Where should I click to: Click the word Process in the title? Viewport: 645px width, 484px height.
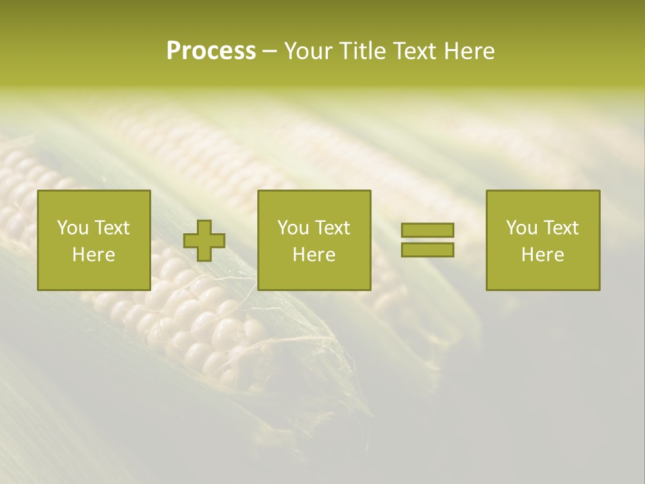tap(211, 51)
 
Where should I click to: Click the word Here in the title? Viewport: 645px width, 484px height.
tap(470, 51)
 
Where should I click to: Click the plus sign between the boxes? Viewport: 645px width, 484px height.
tap(204, 241)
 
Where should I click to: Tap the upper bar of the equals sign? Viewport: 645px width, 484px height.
tap(427, 231)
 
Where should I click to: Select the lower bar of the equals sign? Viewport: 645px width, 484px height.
tap(427, 250)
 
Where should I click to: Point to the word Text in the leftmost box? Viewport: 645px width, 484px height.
tap(112, 228)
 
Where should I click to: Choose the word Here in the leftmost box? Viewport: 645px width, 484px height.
tap(93, 255)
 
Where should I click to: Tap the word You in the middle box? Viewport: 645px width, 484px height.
tap(293, 228)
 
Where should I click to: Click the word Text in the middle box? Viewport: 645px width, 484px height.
tap(332, 228)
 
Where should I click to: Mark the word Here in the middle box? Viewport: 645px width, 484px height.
tap(314, 255)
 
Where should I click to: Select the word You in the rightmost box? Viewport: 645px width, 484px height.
tap(521, 228)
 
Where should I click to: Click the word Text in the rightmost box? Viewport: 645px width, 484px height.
tap(560, 228)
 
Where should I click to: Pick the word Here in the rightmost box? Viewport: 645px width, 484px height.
tap(542, 255)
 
